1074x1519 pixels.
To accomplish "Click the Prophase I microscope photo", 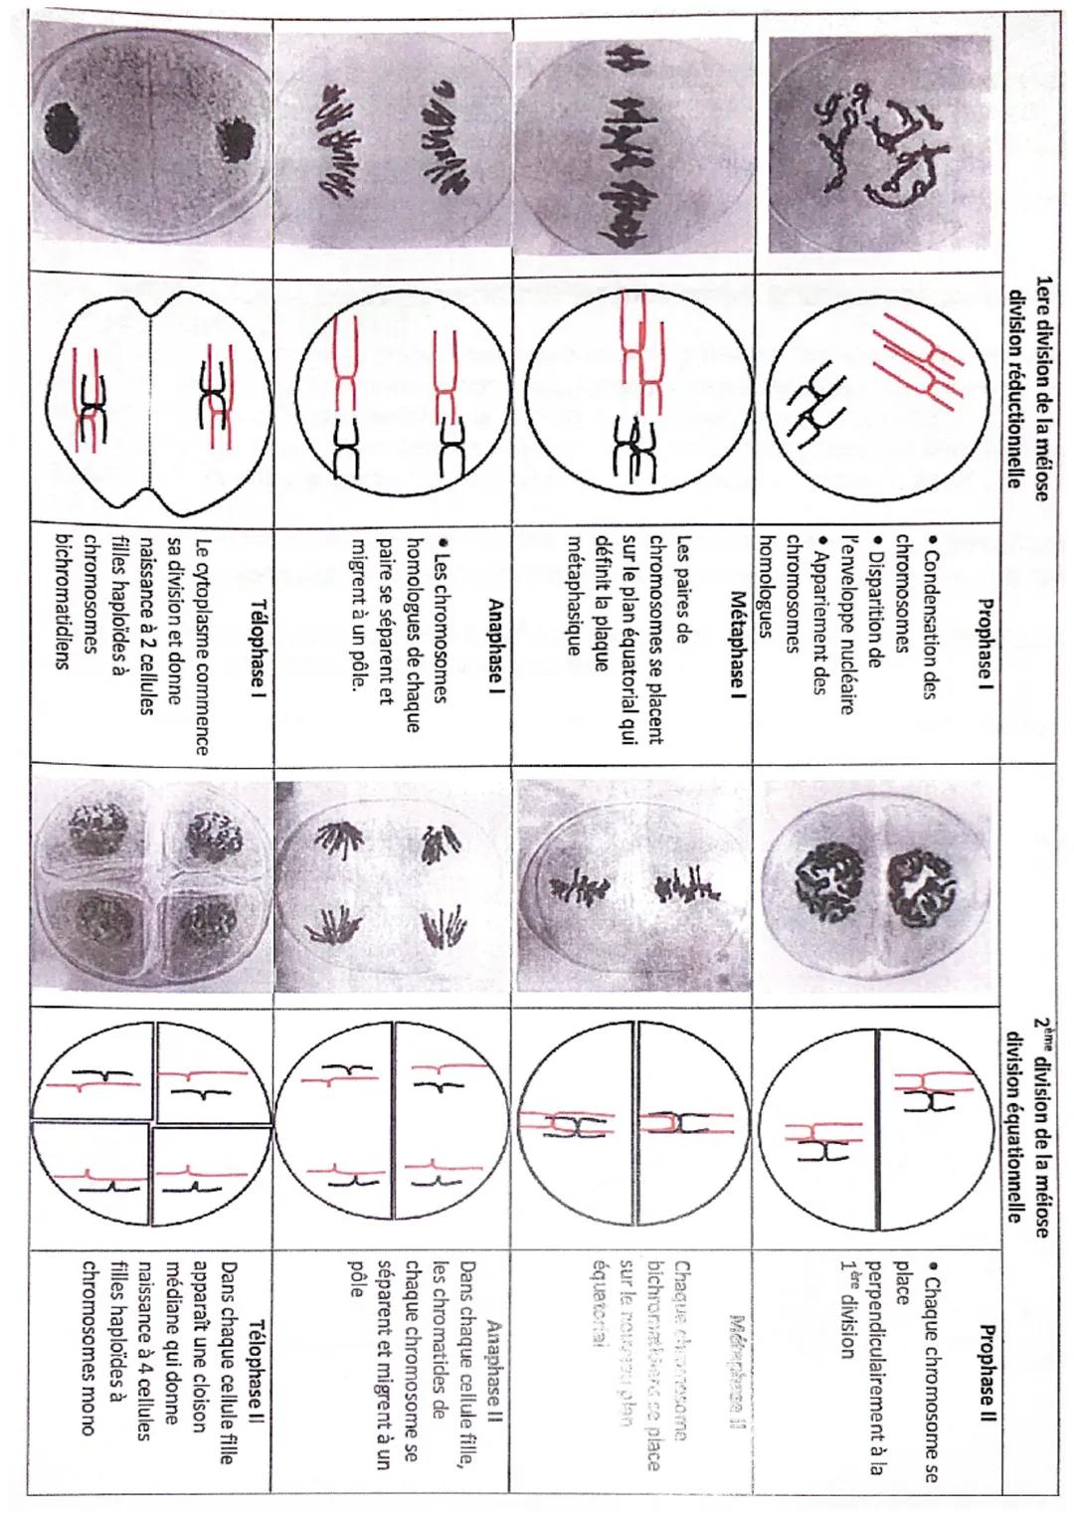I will [881, 139].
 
